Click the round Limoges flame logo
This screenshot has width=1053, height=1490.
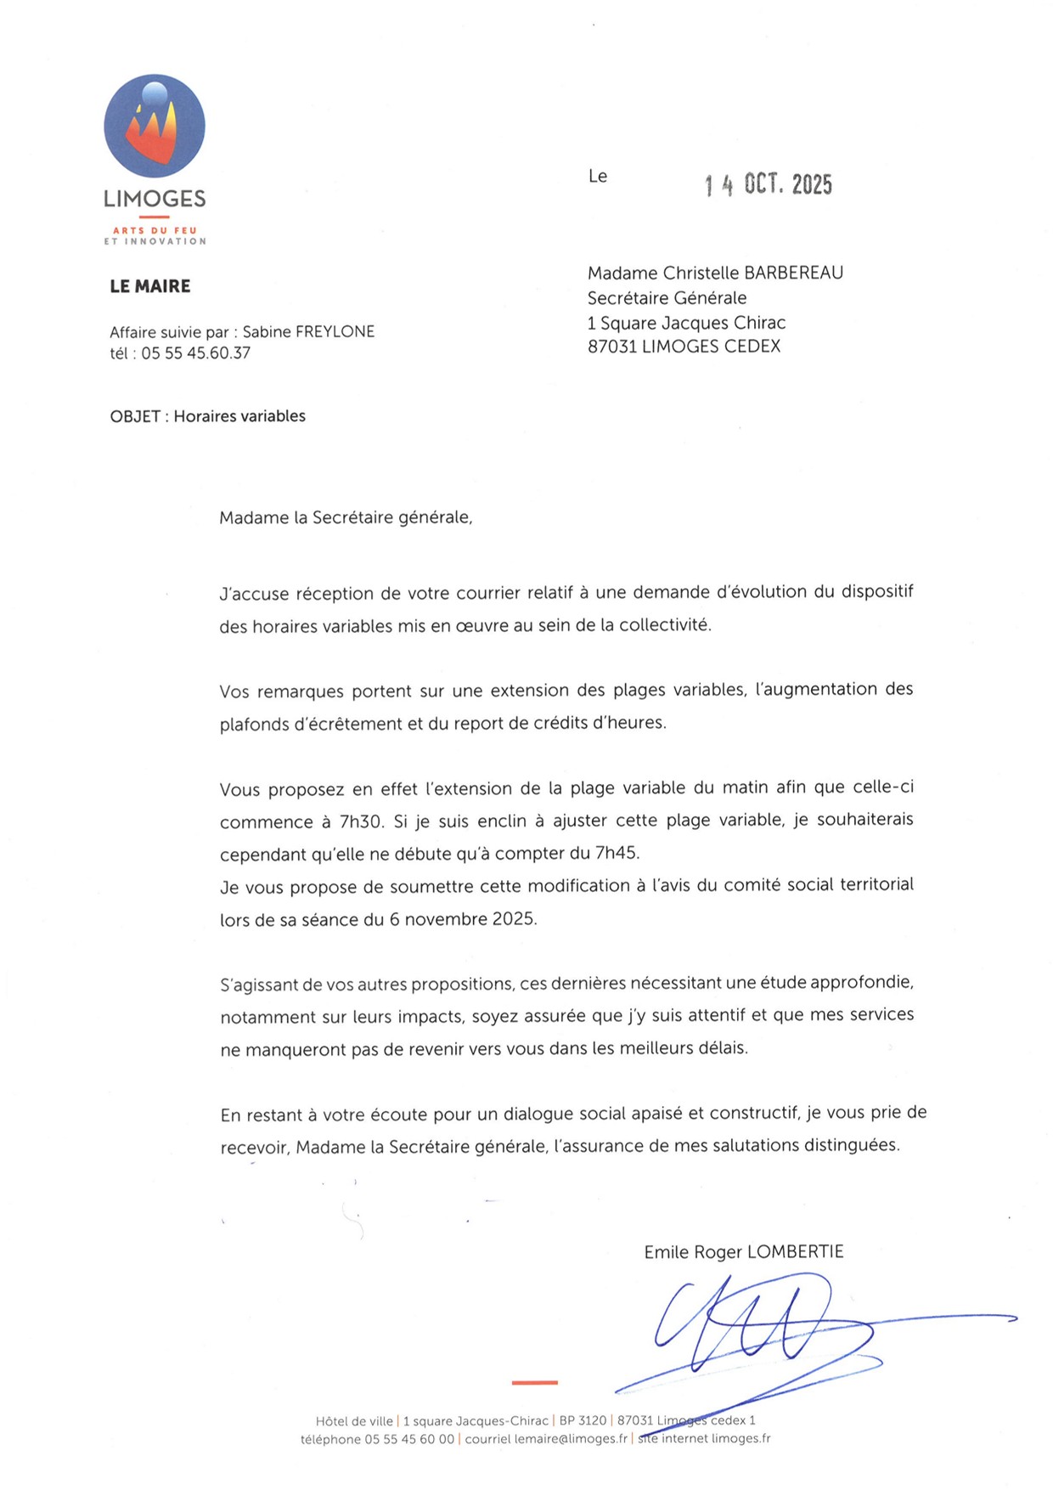pos(155,126)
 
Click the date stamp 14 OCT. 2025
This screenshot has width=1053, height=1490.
pos(768,184)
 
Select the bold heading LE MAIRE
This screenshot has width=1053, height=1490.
pos(150,286)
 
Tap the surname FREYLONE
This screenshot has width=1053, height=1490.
pos(335,331)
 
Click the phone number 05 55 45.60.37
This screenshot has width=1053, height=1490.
pos(196,353)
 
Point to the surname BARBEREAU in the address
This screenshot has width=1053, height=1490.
pos(794,273)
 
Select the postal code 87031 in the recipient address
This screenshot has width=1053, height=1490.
pos(611,347)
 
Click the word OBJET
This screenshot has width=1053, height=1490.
pos(134,416)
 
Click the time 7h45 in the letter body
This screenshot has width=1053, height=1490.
pos(617,853)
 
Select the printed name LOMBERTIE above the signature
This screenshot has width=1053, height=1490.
pos(795,1252)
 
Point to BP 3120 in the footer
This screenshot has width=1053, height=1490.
pos(583,1420)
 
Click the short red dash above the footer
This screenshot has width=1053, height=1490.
pos(534,1383)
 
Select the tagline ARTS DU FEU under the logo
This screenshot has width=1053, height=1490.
pos(155,230)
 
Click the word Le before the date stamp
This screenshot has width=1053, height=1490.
pos(598,176)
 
